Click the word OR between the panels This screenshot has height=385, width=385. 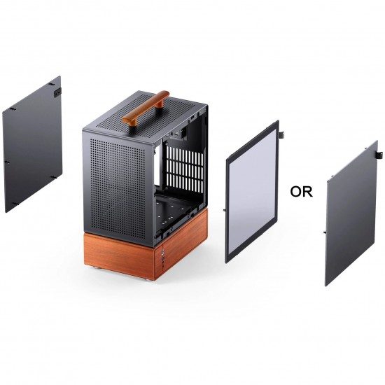point(301,191)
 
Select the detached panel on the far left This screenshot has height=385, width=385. point(33,143)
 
